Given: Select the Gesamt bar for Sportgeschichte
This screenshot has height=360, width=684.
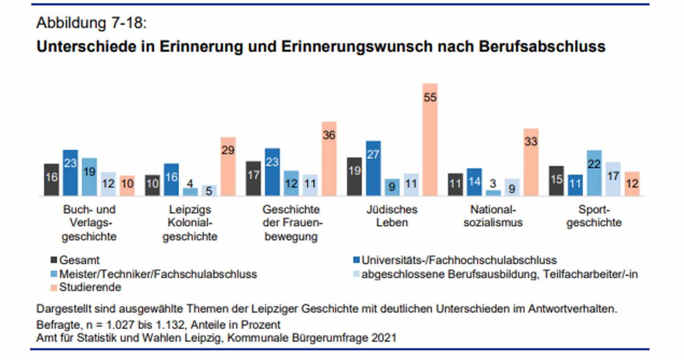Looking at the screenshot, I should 556,181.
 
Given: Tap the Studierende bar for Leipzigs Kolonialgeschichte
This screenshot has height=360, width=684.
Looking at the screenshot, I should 228,167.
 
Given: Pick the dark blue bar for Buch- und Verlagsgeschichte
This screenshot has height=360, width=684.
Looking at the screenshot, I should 70,173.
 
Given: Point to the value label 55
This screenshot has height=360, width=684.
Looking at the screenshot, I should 430,98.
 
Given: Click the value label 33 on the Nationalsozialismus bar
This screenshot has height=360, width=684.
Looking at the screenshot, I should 531,142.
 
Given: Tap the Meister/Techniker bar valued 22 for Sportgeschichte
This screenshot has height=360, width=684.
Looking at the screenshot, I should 594,173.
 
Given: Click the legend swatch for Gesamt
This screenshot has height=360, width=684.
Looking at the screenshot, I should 53,261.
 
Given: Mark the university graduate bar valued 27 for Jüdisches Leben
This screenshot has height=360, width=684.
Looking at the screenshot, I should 373,168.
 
